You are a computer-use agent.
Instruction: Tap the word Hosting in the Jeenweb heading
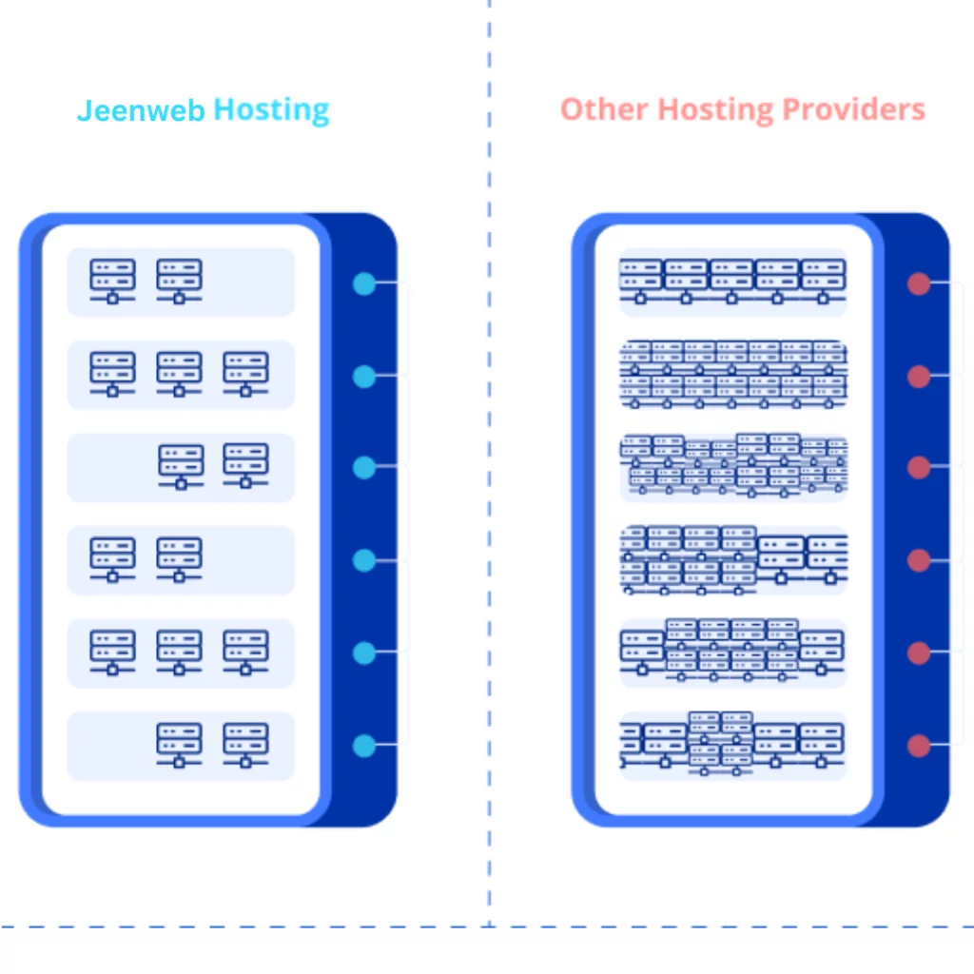(x=271, y=110)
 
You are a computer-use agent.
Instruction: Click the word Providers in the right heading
(x=853, y=109)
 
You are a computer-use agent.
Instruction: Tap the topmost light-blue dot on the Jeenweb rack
(x=364, y=283)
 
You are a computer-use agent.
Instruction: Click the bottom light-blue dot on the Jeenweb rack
(x=364, y=746)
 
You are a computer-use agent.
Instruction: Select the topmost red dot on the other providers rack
(x=918, y=283)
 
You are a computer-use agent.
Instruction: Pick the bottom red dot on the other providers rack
(x=918, y=746)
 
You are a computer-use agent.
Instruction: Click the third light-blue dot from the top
(x=364, y=468)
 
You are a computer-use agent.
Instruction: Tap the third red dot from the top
(x=918, y=468)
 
